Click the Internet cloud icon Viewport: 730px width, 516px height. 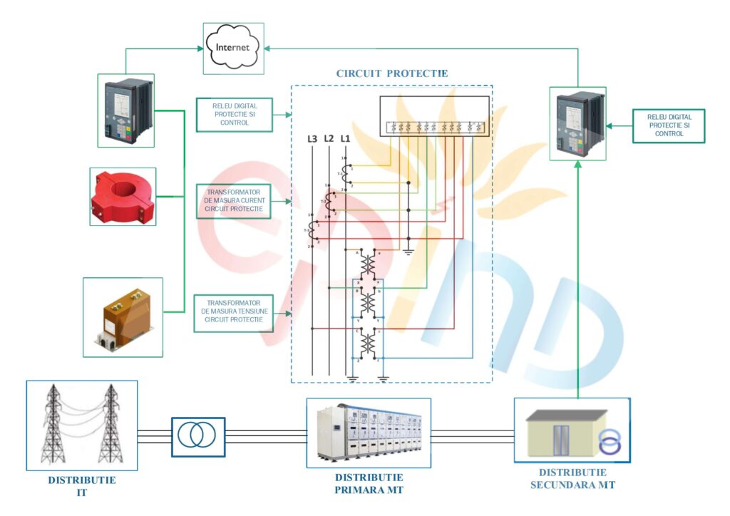point(233,48)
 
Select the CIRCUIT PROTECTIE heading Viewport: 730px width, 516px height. point(391,73)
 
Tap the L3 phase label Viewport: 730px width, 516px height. point(312,138)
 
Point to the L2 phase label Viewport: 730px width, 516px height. point(329,138)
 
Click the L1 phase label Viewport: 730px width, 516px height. point(345,138)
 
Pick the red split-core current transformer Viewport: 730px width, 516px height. point(122,196)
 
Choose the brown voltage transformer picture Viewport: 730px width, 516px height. point(123,316)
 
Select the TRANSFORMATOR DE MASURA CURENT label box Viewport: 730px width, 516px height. point(234,200)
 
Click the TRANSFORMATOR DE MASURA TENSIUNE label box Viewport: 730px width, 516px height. point(234,312)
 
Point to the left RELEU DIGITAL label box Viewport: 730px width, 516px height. point(234,114)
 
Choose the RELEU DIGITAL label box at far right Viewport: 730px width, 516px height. point(669,125)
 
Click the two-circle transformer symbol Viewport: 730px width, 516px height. point(198,436)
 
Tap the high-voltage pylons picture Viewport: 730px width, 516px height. point(82,425)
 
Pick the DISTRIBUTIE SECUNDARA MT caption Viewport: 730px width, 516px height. point(572,478)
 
